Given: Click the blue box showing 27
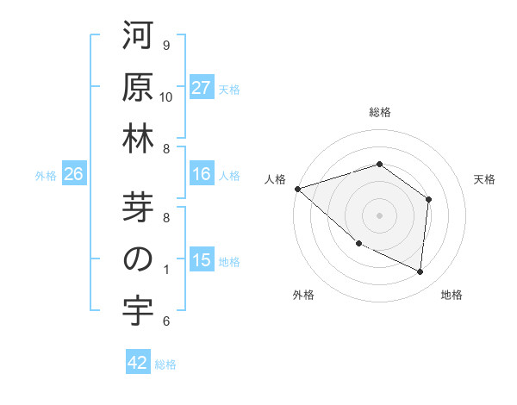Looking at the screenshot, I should pyautogui.click(x=202, y=88).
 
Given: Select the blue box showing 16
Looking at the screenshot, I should pyautogui.click(x=202, y=175).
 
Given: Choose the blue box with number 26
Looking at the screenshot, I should pyautogui.click(x=73, y=175).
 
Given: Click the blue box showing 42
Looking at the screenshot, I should pyautogui.click(x=138, y=364).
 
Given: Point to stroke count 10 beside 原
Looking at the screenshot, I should pyautogui.click(x=167, y=97).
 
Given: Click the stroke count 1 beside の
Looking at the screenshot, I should pyautogui.click(x=165, y=270).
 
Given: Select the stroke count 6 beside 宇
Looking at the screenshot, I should pyautogui.click(x=165, y=321).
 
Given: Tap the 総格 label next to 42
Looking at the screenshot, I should pyautogui.click(x=165, y=364).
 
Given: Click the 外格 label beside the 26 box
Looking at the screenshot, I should pyautogui.click(x=46, y=176).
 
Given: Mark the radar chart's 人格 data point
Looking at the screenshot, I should pyautogui.click(x=297, y=188).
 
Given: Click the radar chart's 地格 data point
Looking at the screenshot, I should pyautogui.click(x=420, y=272).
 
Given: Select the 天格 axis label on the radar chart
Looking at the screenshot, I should pyautogui.click(x=484, y=179).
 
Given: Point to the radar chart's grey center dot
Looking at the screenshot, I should pyautogui.click(x=379, y=215).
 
